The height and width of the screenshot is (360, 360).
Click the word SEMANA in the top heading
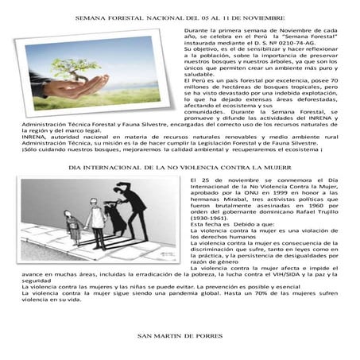click(88, 17)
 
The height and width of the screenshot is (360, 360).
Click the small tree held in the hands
click(102, 60)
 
